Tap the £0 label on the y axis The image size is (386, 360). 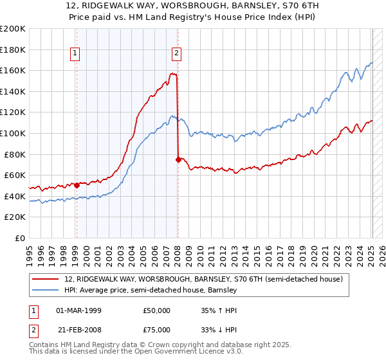[20, 238]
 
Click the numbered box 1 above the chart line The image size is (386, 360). [76, 54]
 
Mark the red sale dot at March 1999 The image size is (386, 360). [77, 185]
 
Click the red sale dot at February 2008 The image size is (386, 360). [178, 159]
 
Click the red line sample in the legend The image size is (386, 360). [46, 279]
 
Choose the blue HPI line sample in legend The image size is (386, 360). [46, 291]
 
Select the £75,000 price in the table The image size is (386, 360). [157, 331]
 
